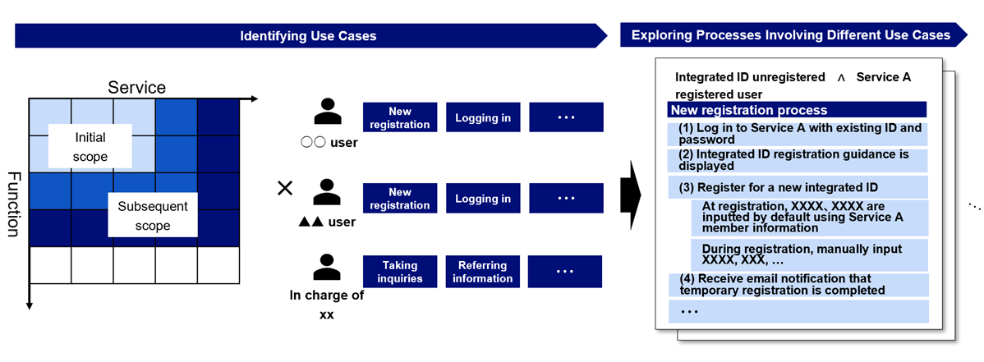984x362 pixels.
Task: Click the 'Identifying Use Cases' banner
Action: click(x=308, y=36)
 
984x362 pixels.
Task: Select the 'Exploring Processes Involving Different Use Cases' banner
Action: click(x=790, y=35)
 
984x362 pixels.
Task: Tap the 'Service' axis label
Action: click(x=137, y=87)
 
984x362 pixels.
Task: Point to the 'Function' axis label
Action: click(x=14, y=204)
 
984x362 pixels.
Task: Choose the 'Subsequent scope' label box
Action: click(x=152, y=216)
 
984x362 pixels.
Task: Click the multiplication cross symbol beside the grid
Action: click(x=285, y=189)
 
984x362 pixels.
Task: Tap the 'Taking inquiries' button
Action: click(x=400, y=272)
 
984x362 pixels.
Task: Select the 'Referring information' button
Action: click(x=482, y=272)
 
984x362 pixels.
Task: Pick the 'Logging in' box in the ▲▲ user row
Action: click(x=482, y=199)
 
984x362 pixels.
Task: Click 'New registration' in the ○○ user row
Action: click(x=400, y=117)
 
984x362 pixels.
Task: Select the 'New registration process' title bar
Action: click(x=797, y=110)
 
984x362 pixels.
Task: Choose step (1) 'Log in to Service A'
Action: click(x=798, y=134)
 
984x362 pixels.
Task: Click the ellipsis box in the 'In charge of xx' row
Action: click(x=566, y=272)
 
